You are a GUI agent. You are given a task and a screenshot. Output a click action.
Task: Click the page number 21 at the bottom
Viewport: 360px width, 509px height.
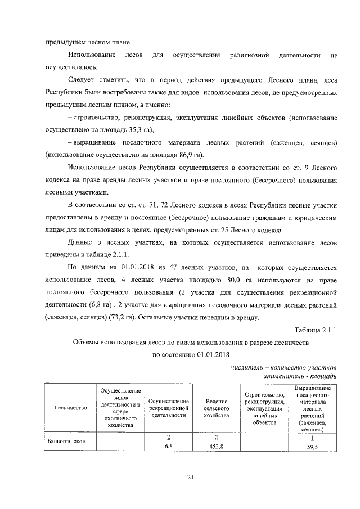pos(190,478)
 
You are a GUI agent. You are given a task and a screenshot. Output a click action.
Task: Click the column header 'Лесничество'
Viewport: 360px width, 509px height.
pos(71,408)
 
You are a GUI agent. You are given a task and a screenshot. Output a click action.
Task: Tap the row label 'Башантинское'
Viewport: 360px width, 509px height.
pos(66,440)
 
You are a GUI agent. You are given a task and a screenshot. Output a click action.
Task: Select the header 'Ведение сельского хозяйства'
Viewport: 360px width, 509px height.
pos(215,408)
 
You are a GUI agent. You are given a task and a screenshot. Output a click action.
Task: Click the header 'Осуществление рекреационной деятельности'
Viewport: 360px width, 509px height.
pos(168,408)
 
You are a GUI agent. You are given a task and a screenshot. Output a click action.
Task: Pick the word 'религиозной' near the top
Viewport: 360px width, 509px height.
pos(249,56)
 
